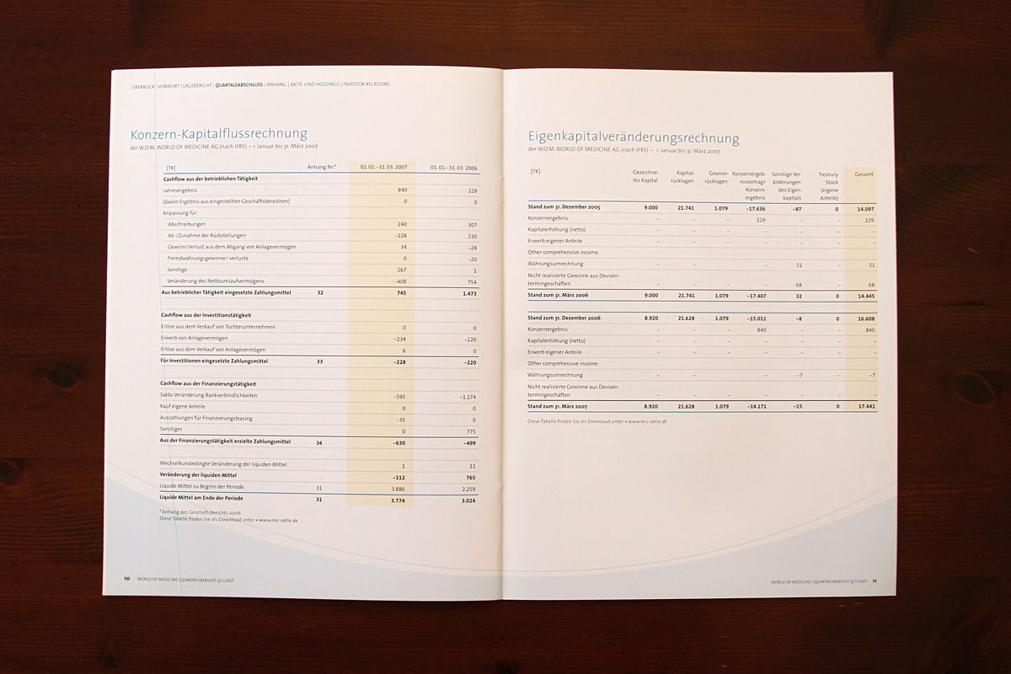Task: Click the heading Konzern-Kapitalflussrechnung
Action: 218,134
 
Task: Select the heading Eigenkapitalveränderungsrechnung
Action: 634,137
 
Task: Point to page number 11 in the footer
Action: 875,580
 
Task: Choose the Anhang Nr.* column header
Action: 322,167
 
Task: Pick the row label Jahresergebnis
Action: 179,190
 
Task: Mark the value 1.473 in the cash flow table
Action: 468,292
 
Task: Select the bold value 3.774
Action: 399,500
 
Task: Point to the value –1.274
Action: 467,396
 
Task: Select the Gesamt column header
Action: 864,174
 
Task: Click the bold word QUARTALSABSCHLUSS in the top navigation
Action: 239,84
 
